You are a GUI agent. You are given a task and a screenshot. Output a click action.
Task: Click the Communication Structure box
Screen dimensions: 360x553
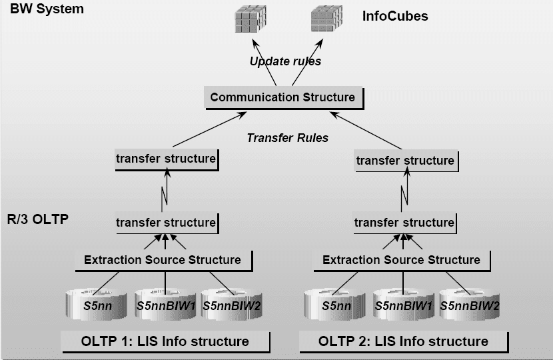pyautogui.click(x=282, y=97)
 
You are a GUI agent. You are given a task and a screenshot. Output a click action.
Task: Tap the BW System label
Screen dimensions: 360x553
pyautogui.click(x=47, y=9)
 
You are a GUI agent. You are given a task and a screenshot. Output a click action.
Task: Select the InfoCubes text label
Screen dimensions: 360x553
pyautogui.click(x=395, y=15)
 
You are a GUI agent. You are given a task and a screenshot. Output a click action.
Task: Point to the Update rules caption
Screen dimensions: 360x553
pyautogui.click(x=285, y=61)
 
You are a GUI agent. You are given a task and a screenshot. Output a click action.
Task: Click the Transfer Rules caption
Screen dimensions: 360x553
pyautogui.click(x=287, y=138)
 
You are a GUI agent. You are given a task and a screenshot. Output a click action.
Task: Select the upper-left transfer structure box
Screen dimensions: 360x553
pyautogui.click(x=165, y=159)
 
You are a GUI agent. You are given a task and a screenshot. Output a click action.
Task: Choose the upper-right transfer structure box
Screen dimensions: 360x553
pyautogui.click(x=405, y=161)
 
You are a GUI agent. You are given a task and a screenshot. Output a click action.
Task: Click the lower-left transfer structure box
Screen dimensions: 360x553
pyautogui.click(x=165, y=222)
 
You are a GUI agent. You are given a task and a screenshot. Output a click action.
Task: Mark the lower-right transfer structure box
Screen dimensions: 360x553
pyautogui.click(x=404, y=223)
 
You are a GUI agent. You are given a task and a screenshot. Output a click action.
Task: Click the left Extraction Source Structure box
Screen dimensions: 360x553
pyautogui.click(x=162, y=259)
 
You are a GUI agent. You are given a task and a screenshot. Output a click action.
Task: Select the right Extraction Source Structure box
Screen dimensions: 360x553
pyautogui.click(x=401, y=259)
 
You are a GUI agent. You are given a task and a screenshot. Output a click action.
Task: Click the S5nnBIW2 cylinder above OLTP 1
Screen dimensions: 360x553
pyautogui.click(x=231, y=304)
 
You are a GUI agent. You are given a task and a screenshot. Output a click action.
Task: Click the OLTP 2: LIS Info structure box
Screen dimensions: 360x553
pyautogui.click(x=403, y=341)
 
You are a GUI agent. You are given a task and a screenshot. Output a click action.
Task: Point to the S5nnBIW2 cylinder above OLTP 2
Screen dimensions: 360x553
pyautogui.click(x=470, y=305)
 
